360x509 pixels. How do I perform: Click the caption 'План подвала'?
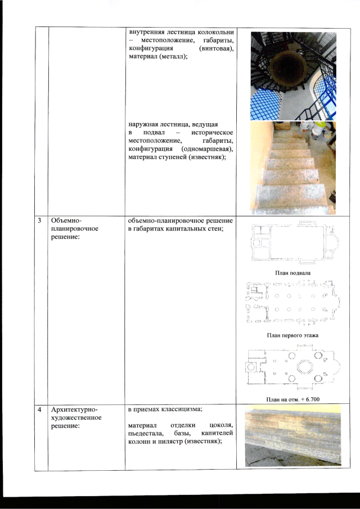point(292,273)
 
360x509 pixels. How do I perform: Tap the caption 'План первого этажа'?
point(292,335)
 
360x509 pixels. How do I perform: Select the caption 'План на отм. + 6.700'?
point(293,399)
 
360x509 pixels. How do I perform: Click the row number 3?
point(39,220)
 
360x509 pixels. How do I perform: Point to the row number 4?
point(39,410)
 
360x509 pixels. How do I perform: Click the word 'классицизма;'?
point(183,409)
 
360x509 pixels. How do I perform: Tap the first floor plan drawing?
point(293,303)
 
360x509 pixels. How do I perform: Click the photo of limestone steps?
point(293,168)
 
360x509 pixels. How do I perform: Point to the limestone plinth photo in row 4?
point(293,436)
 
